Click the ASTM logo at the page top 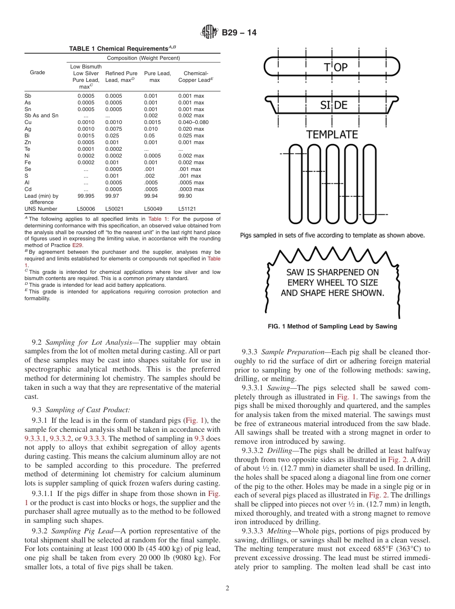pyautogui.click(x=209, y=32)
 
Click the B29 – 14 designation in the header pyautogui.click(x=239, y=33)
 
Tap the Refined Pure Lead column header pyautogui.click(x=121, y=77)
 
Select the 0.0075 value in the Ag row pyautogui.click(x=114, y=129)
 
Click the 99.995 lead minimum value pyautogui.click(x=86, y=196)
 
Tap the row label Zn pyautogui.click(x=27, y=142)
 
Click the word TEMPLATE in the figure pyautogui.click(x=332, y=135)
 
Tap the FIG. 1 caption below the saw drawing pyautogui.click(x=332, y=327)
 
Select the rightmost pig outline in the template pyautogui.click(x=369, y=181)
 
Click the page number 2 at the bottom pyautogui.click(x=227, y=588)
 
